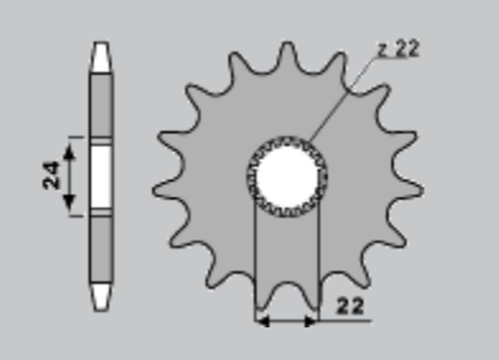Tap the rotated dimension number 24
[x=52, y=173]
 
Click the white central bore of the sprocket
[x=287, y=174]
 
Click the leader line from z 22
[x=342, y=97]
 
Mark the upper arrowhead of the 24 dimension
[x=68, y=145]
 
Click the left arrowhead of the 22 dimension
[x=261, y=320]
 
